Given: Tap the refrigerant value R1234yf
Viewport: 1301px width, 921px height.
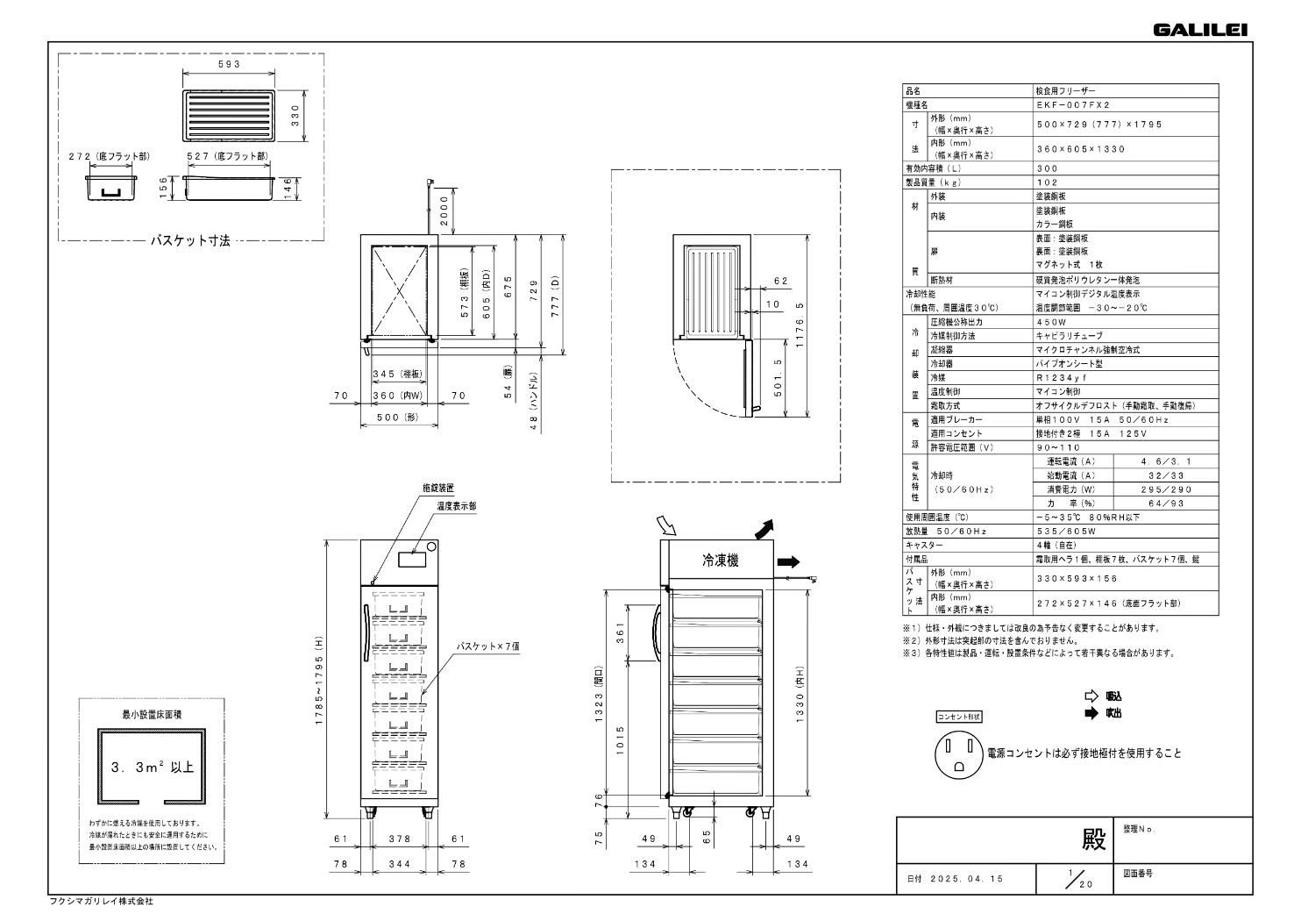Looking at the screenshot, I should tap(1061, 377).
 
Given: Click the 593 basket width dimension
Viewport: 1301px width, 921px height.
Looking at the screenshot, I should tap(229, 64).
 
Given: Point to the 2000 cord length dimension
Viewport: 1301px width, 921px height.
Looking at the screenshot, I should tap(444, 211).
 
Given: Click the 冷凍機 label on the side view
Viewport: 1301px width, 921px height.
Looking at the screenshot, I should tap(720, 560).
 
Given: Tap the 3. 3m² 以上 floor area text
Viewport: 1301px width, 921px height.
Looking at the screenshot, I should tap(152, 767).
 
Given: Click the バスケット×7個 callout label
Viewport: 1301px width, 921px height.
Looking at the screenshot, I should tap(488, 646).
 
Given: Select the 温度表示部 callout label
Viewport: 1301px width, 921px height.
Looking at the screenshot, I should tap(457, 506).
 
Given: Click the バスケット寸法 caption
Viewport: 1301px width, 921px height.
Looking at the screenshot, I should tap(190, 240).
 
